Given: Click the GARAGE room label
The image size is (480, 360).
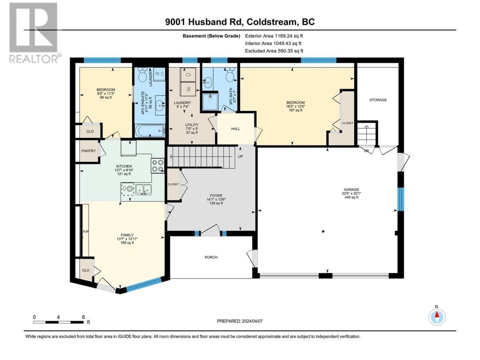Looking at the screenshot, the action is coord(351,189).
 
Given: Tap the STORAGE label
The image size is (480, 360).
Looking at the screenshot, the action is coord(378,100).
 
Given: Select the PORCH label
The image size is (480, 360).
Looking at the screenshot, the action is coord(211,257).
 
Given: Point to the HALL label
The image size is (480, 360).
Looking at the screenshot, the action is coord(235,129).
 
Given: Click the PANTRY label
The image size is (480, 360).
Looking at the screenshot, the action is coord(88,151).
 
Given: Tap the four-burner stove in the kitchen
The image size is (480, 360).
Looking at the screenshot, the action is coord(157,166).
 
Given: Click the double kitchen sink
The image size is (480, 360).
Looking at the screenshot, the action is coord(144,189).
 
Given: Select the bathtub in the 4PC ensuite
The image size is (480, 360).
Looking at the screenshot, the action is coord(150,131).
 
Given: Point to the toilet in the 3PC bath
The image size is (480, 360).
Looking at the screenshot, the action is coord(229,75).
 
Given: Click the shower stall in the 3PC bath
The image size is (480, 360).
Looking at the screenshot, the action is coord(210,102).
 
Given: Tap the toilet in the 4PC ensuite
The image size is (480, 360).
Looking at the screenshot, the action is coord(142,75).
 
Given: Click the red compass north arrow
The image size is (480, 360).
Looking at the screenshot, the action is coord(437,314).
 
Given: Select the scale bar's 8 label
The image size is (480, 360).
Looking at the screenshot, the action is coord(83,317).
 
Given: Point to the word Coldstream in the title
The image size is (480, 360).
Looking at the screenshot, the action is coord(270,22).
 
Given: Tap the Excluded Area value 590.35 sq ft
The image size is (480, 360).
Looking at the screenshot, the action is coord(290,51).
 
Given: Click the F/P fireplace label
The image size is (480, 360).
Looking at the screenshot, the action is coord(85,231).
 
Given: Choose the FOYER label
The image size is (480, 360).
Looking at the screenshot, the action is coord(216,196).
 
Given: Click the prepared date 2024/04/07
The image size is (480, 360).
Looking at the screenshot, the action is coord(252,321).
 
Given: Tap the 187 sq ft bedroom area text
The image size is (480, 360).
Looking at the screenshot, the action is coord(295,110).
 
